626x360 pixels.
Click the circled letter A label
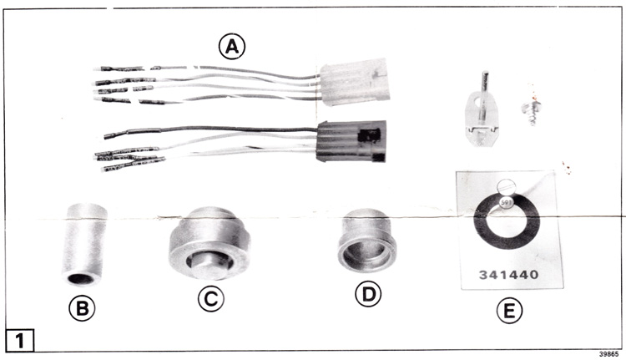pyautogui.click(x=232, y=47)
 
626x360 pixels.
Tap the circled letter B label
pyautogui.click(x=82, y=308)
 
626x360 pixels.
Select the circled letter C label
pyautogui.click(x=211, y=299)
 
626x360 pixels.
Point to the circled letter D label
pyautogui.click(x=368, y=295)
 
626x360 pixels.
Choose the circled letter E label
pyautogui.click(x=509, y=311)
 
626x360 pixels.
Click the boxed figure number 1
pyautogui.click(x=20, y=341)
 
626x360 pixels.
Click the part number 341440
pyautogui.click(x=509, y=275)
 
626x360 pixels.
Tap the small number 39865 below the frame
pyautogui.click(x=608, y=354)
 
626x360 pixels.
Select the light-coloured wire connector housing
pyautogui.click(x=355, y=82)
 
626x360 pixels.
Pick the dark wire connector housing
pyautogui.click(x=351, y=141)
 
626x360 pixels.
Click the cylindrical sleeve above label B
pyautogui.click(x=83, y=245)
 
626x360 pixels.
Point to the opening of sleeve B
pyautogui.click(x=80, y=278)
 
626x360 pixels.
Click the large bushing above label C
pyautogui.click(x=210, y=243)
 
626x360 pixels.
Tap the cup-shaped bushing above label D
pyautogui.click(x=367, y=241)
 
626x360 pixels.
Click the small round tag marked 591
pyautogui.click(x=507, y=202)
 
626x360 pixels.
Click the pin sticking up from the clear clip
pyautogui.click(x=485, y=96)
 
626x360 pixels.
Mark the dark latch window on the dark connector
pyautogui.click(x=368, y=136)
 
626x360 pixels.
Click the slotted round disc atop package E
pyautogui.click(x=507, y=187)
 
